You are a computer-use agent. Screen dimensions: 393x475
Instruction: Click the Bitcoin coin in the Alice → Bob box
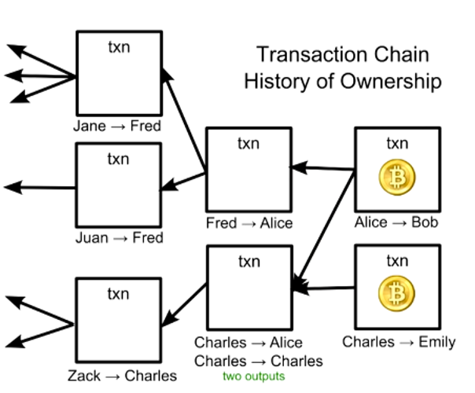click(397, 178)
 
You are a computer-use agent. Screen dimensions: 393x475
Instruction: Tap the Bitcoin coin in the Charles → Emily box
click(397, 296)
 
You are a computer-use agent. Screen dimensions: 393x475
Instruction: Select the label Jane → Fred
click(117, 126)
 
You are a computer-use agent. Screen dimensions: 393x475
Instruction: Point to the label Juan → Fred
click(119, 237)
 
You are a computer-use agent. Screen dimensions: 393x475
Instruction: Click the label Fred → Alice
click(249, 223)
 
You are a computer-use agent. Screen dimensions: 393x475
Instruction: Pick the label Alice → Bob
click(396, 223)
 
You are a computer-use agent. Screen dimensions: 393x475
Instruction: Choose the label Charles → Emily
click(399, 342)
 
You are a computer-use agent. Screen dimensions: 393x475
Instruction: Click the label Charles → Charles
click(258, 361)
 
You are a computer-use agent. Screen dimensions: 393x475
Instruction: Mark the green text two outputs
click(253, 376)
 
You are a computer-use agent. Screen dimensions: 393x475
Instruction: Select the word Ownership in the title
click(392, 81)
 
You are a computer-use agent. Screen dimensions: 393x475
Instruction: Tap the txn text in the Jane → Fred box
click(118, 46)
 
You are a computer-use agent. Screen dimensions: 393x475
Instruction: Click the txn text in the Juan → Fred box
click(118, 160)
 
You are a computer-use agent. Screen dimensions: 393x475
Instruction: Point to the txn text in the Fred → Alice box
click(249, 144)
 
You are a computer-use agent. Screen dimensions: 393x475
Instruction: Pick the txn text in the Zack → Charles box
click(118, 294)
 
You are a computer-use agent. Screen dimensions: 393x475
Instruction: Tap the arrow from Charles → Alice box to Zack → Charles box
click(185, 304)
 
